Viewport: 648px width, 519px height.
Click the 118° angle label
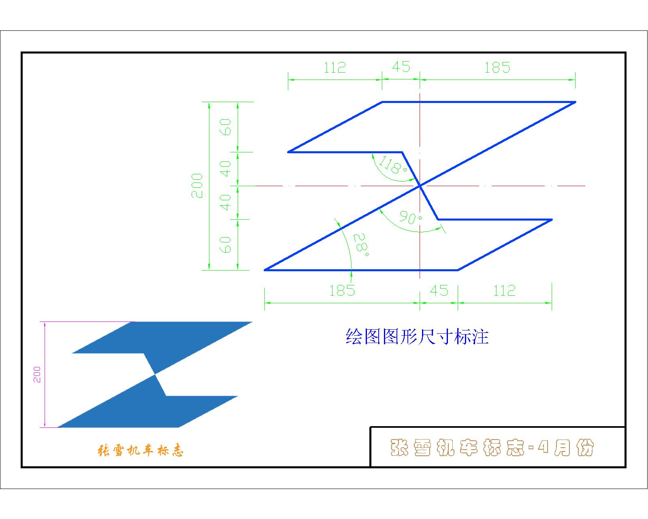coord(393,165)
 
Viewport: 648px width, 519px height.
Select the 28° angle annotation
coord(361,244)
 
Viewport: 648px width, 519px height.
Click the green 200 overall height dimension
coord(197,186)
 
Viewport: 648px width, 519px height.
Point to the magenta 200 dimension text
coord(37,375)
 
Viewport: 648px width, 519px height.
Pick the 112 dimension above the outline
coord(335,68)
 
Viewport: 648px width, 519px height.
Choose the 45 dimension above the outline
coord(401,66)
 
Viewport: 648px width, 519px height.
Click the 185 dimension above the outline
coord(497,68)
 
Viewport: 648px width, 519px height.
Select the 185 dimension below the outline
coord(342,291)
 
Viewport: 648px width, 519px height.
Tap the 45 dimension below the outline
coord(439,291)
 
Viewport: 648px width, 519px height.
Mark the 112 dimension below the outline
coord(504,291)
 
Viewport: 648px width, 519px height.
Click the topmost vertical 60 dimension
coord(226,127)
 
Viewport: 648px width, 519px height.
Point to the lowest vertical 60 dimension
coord(226,244)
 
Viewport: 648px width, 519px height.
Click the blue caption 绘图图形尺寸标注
coord(417,337)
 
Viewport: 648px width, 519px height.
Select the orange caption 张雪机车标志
coord(140,450)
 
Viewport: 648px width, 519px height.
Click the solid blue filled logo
coord(155,375)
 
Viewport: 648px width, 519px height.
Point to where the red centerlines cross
coord(420,186)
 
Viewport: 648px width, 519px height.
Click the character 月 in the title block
coord(562,448)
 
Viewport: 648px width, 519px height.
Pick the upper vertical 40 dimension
coord(226,169)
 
